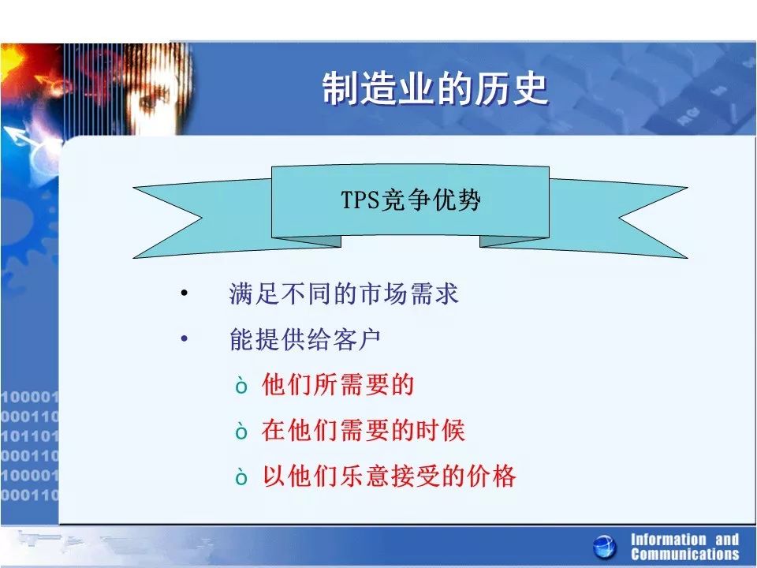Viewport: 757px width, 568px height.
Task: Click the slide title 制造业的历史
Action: point(435,88)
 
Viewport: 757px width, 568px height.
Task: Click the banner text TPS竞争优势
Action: point(410,200)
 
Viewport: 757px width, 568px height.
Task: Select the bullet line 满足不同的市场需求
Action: point(343,293)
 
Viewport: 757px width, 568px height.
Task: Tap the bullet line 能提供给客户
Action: point(305,339)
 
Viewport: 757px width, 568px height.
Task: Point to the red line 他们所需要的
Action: point(338,384)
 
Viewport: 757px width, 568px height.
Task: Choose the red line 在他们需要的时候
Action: point(364,431)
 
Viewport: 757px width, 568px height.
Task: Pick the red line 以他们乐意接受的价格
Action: point(389,476)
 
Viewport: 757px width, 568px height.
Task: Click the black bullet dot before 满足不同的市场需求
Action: point(184,293)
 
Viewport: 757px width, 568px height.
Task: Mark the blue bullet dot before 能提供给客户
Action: point(184,338)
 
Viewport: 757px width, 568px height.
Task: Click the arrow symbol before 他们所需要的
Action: point(241,386)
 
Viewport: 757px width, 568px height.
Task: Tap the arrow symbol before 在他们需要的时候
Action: point(241,432)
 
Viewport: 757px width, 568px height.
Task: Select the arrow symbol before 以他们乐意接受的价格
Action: point(241,477)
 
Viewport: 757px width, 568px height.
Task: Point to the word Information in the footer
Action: point(668,539)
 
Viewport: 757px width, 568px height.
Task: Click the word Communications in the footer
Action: point(685,554)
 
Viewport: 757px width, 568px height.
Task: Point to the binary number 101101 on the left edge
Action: point(29,435)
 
